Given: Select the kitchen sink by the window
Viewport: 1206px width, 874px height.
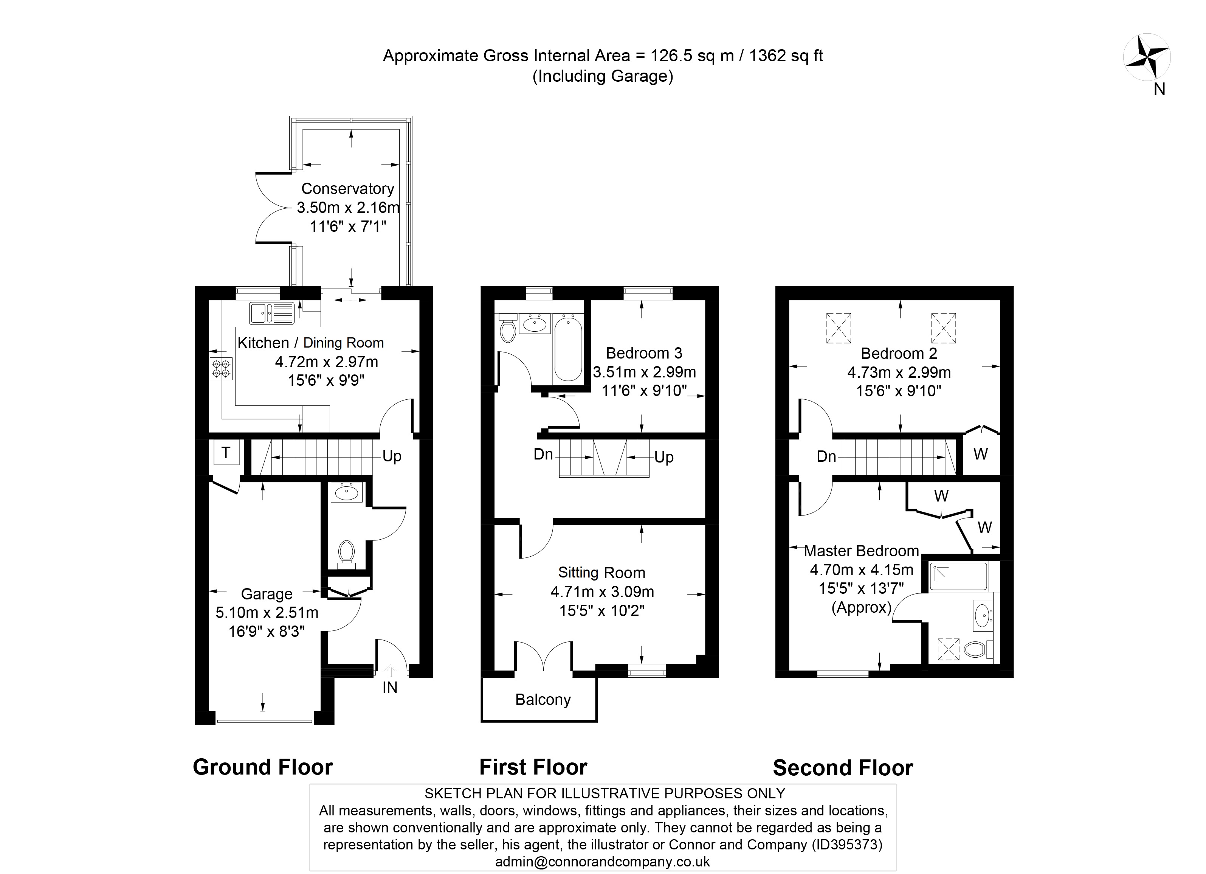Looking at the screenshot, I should [271, 313].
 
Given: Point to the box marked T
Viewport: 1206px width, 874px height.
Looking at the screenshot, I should [226, 453].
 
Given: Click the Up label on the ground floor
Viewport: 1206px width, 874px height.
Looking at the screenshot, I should [392, 456].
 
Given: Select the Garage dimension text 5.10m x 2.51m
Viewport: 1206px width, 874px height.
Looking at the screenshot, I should [267, 613].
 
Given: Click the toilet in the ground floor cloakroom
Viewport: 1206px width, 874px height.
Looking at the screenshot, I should [347, 553].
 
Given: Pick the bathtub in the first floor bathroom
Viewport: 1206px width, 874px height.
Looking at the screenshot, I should [568, 347].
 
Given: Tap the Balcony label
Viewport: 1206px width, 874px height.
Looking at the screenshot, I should [543, 700].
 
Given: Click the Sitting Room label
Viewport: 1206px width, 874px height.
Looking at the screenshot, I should [601, 573].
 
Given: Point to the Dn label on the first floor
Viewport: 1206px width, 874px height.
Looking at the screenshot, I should [543, 455].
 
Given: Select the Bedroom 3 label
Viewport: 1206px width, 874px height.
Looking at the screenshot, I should [644, 353].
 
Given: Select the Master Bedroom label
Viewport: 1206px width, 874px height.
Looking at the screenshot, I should [861, 551].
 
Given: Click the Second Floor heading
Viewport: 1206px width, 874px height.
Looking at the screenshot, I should [842, 768].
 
